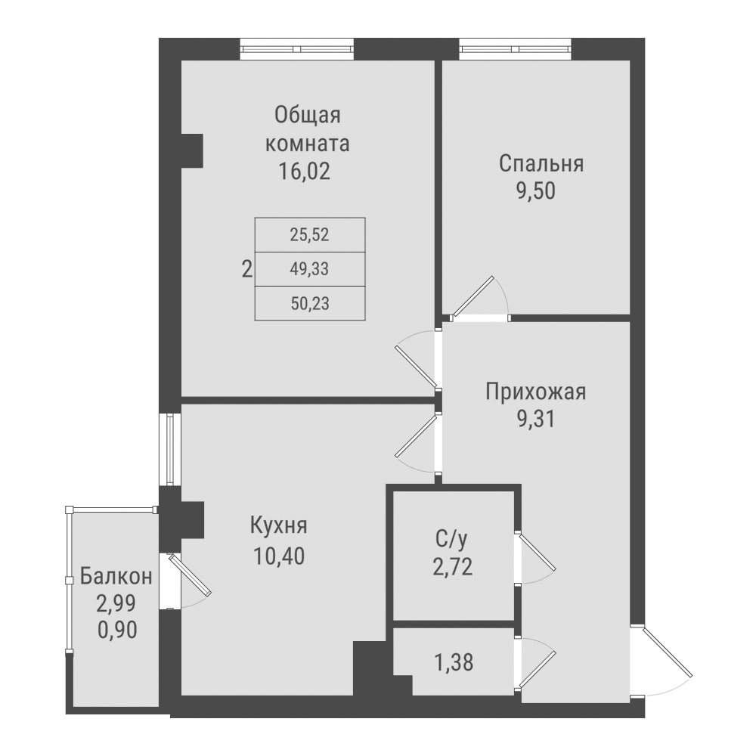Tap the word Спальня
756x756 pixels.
tap(542, 164)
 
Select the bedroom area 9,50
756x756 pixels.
tap(536, 191)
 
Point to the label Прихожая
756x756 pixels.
tap(536, 392)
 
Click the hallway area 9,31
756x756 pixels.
tap(536, 420)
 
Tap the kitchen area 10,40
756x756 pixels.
tap(278, 557)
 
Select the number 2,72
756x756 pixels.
tap(452, 567)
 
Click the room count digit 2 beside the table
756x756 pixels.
tap(246, 268)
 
